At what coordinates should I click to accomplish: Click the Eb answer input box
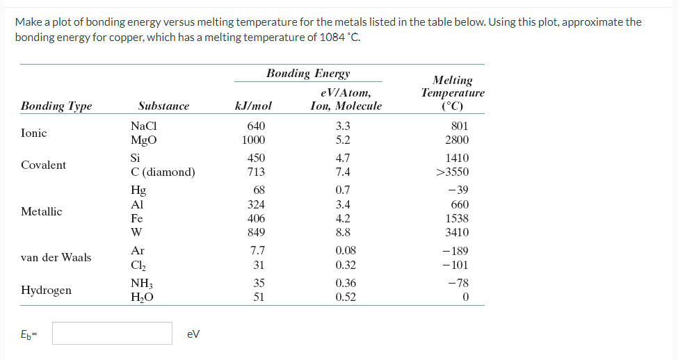pyautogui.click(x=112, y=333)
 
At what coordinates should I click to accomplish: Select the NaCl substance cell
pyautogui.click(x=143, y=126)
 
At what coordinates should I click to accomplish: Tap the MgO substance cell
pyautogui.click(x=143, y=140)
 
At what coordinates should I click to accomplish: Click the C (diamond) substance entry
pyautogui.click(x=163, y=172)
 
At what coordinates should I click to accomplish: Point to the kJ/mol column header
pyautogui.click(x=254, y=106)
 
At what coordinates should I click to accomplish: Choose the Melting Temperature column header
pyautogui.click(x=453, y=93)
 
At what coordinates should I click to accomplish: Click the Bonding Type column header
pyautogui.click(x=56, y=106)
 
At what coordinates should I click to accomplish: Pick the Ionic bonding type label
pyautogui.click(x=34, y=133)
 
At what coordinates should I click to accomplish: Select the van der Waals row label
pyautogui.click(x=56, y=257)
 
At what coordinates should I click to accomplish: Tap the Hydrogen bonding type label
pyautogui.click(x=46, y=290)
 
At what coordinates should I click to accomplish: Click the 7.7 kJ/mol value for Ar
pyautogui.click(x=257, y=251)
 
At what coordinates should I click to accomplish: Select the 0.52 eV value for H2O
pyautogui.click(x=346, y=297)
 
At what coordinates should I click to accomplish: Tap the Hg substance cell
pyautogui.click(x=138, y=190)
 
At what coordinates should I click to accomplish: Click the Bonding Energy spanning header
pyautogui.click(x=308, y=74)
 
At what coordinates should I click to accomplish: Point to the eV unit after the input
pyautogui.click(x=194, y=334)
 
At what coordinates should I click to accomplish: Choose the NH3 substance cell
pyautogui.click(x=141, y=283)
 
